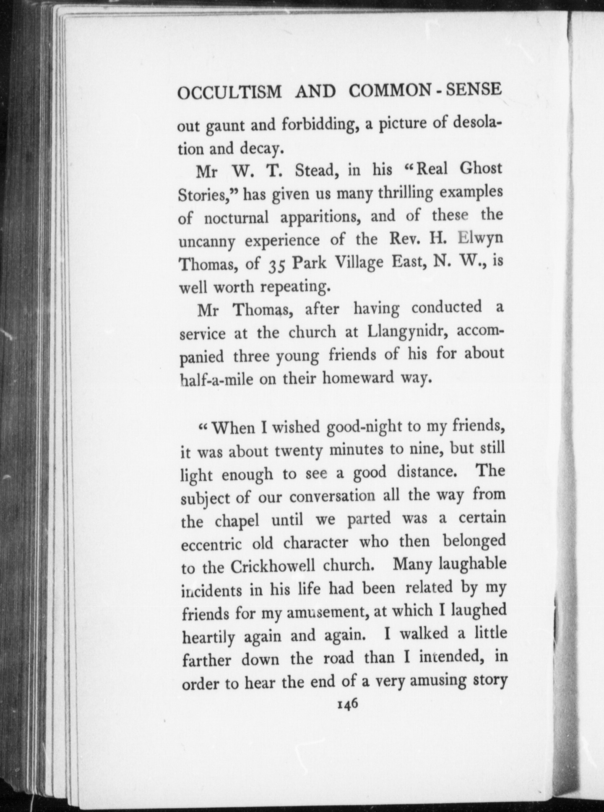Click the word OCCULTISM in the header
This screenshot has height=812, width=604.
[229, 91]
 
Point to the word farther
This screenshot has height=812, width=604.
[207, 660]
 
